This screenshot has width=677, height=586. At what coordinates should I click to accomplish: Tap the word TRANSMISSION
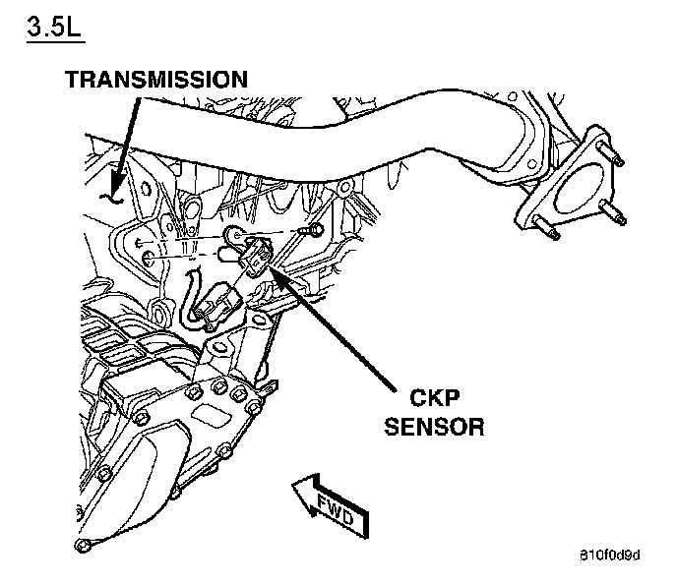click(156, 79)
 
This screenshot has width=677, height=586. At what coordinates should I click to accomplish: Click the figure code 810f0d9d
click(609, 557)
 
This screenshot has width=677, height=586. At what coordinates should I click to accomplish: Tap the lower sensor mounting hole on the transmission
click(148, 258)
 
